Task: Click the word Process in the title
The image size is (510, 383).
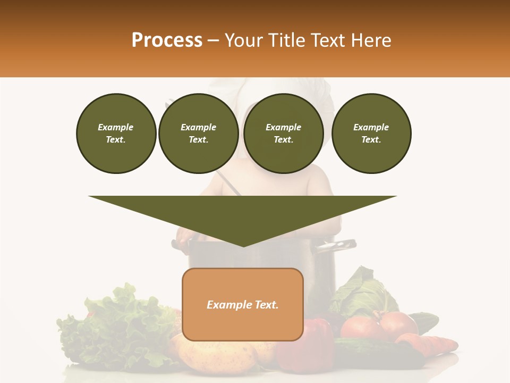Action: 167,40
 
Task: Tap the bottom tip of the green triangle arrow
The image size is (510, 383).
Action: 243,246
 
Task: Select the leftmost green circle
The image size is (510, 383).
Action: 116,134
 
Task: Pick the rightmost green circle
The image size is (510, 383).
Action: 371,134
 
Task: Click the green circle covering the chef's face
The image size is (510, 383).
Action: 284,134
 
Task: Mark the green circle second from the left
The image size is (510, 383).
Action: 198,134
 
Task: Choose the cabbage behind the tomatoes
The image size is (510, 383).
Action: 361,293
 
